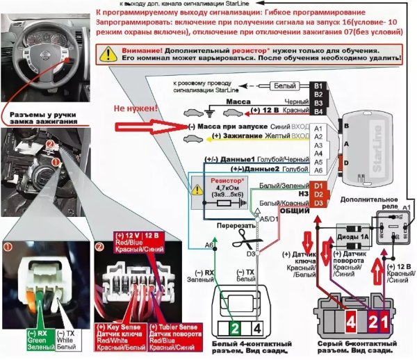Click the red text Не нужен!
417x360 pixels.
(x=135, y=110)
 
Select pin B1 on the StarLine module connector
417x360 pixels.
(x=318, y=85)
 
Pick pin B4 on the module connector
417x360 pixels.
(x=318, y=111)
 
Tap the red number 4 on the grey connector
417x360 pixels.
(x=331, y=321)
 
